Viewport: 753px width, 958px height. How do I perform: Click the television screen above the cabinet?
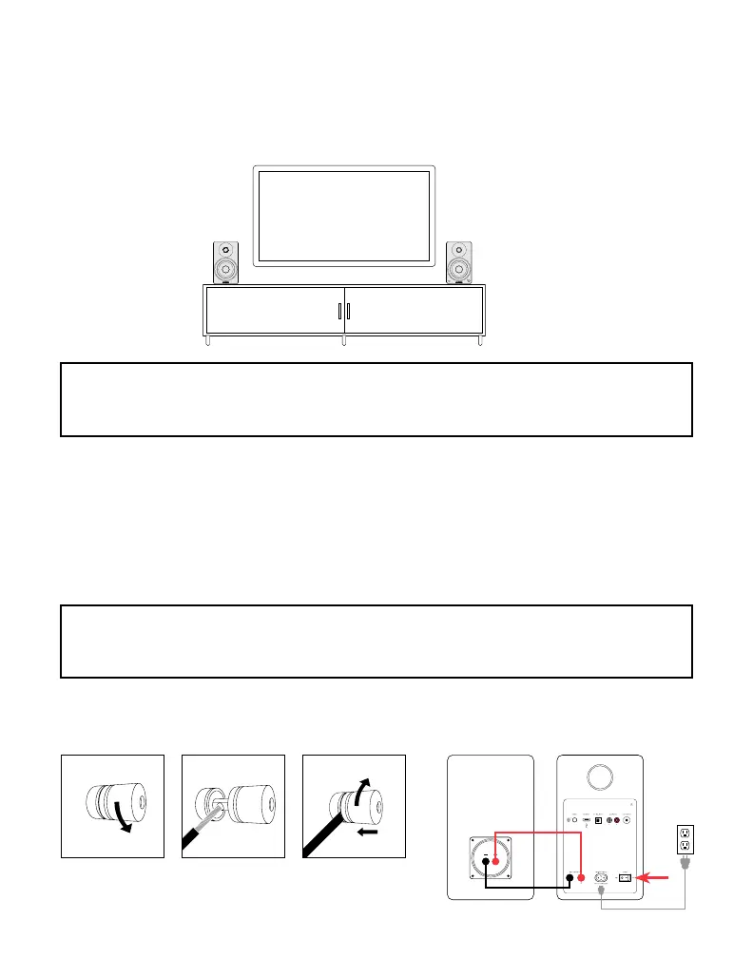tap(343, 216)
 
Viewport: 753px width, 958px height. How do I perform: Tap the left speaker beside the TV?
tap(226, 261)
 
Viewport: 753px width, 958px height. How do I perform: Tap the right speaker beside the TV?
tap(459, 261)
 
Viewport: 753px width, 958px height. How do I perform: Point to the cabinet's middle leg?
tap(343, 340)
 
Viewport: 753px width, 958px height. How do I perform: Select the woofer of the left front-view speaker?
tap(226, 266)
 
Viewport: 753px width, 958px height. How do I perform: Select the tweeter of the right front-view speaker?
tap(459, 250)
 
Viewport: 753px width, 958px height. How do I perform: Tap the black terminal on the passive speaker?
tap(485, 862)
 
